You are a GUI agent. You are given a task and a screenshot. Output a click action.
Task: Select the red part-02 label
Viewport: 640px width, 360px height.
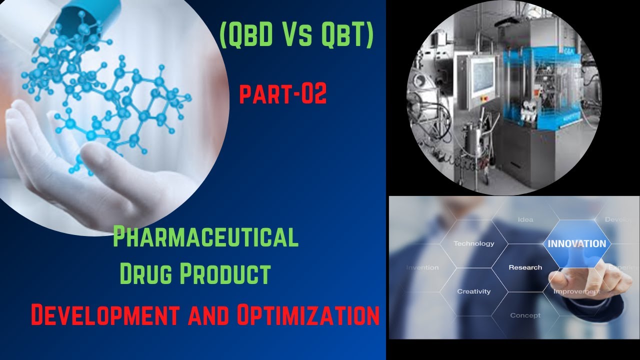tap(283, 94)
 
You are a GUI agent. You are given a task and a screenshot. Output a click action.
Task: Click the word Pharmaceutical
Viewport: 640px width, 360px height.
tap(205, 237)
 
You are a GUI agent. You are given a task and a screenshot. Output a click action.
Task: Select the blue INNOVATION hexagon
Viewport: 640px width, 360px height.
tap(576, 244)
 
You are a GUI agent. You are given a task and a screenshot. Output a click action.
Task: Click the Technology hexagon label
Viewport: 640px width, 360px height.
tap(473, 243)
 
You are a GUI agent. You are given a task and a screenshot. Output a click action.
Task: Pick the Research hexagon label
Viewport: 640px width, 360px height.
tap(525, 267)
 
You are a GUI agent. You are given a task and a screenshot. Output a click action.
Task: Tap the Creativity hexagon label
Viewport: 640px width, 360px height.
tap(473, 291)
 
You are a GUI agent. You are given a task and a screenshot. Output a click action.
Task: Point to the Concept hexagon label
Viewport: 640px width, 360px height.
tap(525, 315)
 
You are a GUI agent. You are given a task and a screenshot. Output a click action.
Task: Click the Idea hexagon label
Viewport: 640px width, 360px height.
tap(525, 219)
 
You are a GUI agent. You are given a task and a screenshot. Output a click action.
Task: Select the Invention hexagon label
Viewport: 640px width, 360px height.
tap(422, 267)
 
